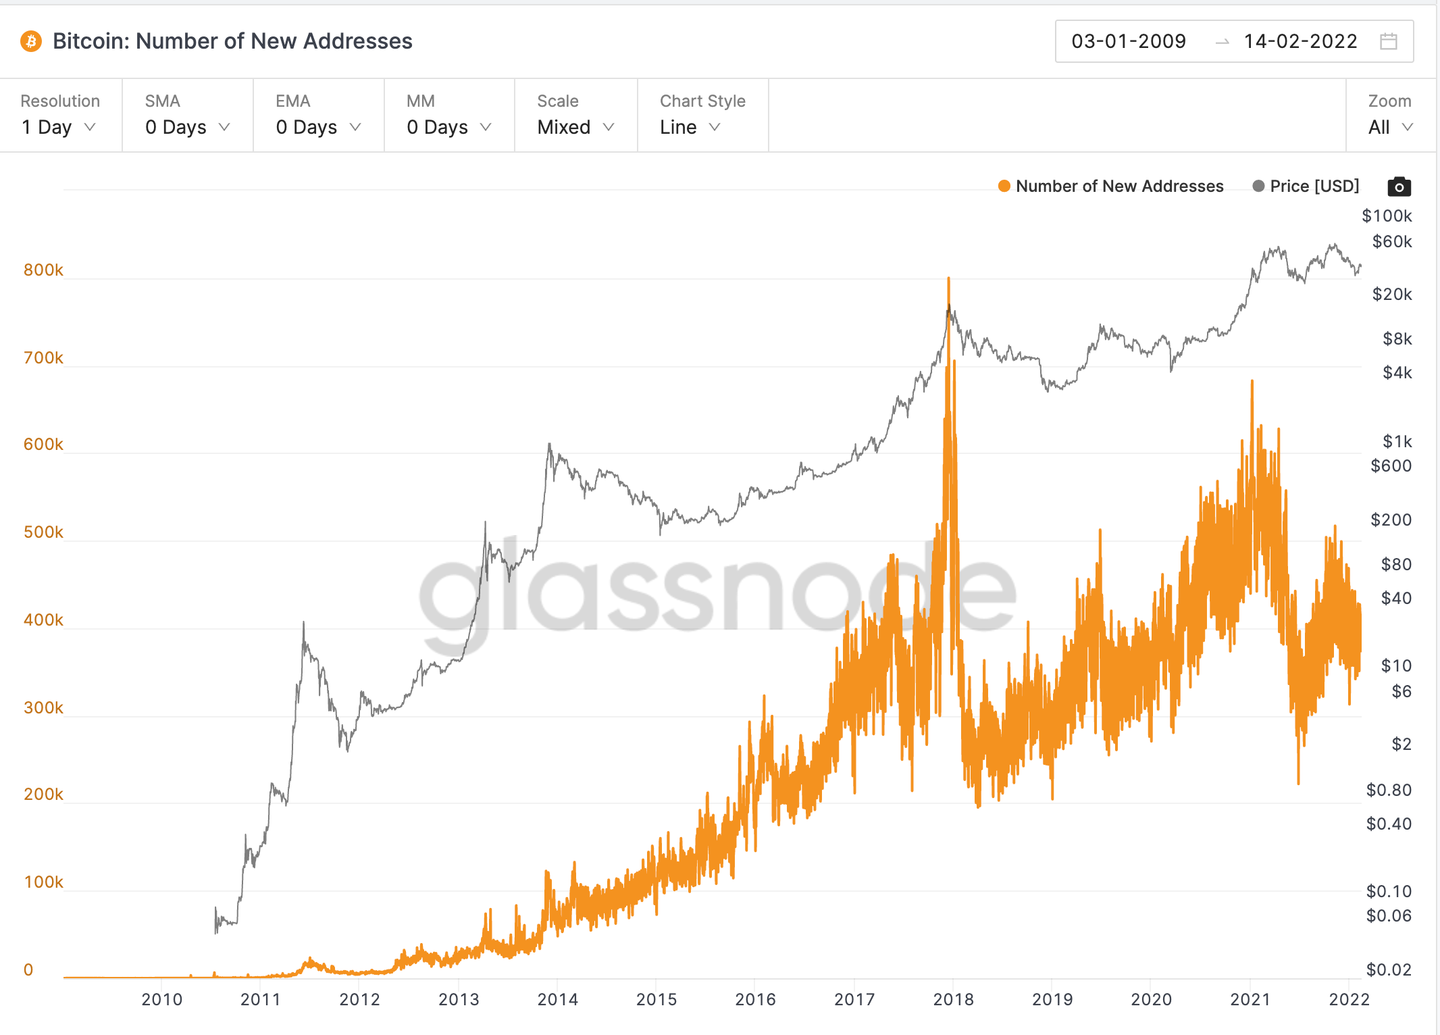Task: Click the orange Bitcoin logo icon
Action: [x=30, y=41]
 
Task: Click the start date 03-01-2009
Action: [x=1128, y=41]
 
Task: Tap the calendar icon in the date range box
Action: [x=1388, y=41]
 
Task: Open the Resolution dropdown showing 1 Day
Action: [x=59, y=127]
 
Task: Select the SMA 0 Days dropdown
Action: [x=187, y=127]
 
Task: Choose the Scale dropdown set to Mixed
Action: [x=575, y=127]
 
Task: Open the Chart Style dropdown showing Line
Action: [x=690, y=127]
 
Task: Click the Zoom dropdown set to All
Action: [x=1389, y=127]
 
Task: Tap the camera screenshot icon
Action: [x=1399, y=186]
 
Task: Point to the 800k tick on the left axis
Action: [x=43, y=270]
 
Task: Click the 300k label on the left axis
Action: [x=43, y=707]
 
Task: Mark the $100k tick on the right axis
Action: [x=1386, y=216]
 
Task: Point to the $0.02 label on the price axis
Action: [x=1388, y=969]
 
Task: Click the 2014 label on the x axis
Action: [x=557, y=999]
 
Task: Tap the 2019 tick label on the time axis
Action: [x=1052, y=999]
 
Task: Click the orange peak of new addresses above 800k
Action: [x=948, y=279]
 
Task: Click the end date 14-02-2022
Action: [x=1300, y=41]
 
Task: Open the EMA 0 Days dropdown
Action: [x=318, y=127]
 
